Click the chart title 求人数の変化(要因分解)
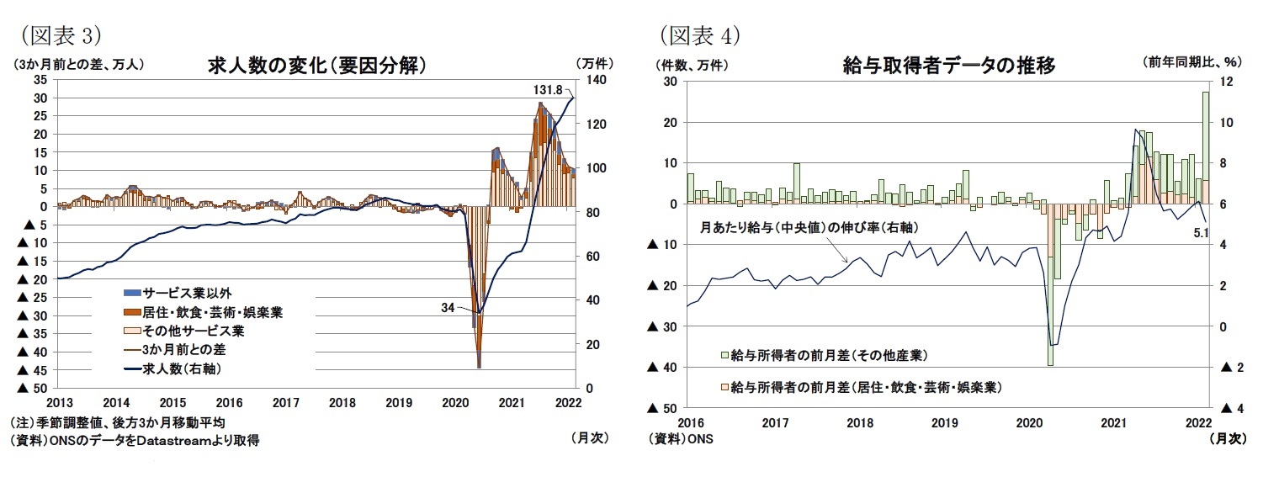click(x=314, y=65)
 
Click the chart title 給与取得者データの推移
click(x=948, y=65)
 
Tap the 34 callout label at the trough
click(x=448, y=308)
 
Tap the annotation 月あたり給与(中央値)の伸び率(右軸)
click(x=809, y=227)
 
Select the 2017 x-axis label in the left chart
click(x=286, y=403)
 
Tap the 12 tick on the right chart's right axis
click(x=1226, y=81)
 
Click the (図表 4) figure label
click(x=698, y=35)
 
